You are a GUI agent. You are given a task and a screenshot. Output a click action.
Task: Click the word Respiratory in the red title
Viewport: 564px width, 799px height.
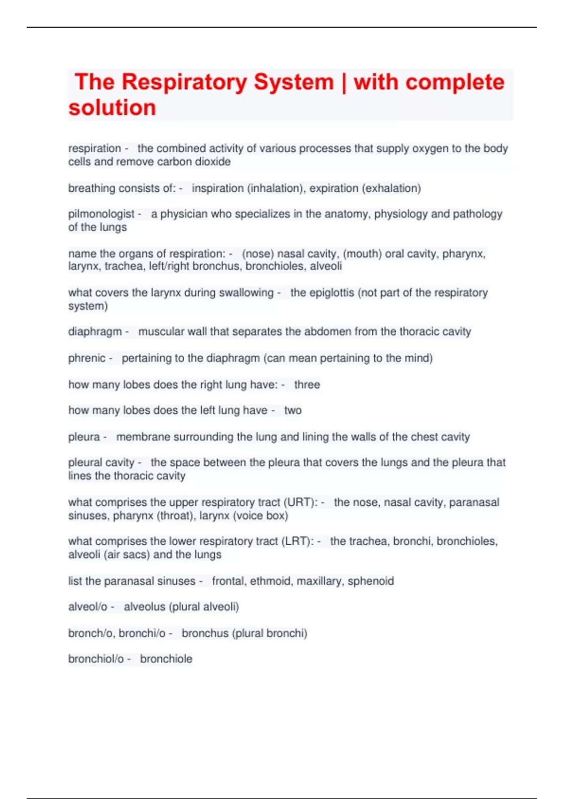pos(184,82)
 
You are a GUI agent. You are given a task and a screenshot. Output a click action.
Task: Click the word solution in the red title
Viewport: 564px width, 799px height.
pos(112,108)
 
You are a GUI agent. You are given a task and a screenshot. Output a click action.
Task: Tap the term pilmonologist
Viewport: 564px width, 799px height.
pos(102,214)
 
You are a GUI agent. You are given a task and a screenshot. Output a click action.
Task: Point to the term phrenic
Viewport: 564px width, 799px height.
pos(87,358)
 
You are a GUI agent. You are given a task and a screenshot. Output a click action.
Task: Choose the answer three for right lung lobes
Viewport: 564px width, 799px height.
pos(307,384)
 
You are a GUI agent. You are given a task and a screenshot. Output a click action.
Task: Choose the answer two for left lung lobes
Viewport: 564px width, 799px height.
pos(293,410)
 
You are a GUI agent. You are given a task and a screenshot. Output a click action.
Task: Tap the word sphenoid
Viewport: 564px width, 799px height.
pos(371,581)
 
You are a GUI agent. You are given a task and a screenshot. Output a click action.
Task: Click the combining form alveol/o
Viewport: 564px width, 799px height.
pos(88,607)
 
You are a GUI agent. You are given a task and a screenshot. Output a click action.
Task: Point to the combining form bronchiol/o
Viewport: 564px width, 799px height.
pos(96,659)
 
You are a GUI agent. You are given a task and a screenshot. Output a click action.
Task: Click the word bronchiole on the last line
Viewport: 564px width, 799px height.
pos(166,659)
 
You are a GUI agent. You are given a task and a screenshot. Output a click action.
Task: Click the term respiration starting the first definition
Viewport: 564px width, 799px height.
pos(94,149)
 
